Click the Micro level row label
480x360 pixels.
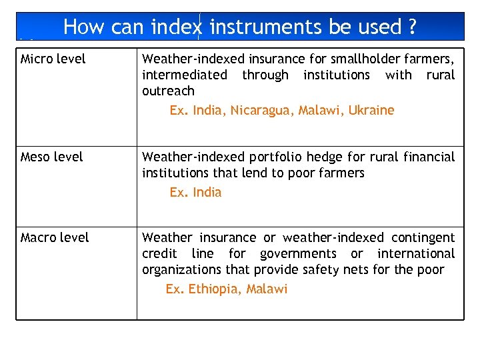coord(53,59)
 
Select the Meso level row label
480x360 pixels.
coord(52,157)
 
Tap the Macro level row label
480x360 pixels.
coord(55,238)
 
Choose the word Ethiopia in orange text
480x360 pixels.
coord(214,289)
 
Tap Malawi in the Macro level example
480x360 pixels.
coord(267,289)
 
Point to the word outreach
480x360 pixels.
coord(168,91)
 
